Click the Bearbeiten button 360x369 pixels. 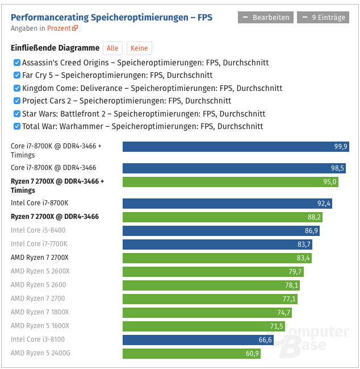tap(266, 18)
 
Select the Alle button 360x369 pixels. tap(112, 48)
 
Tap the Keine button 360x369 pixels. tap(139, 48)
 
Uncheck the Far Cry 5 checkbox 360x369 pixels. tap(17, 75)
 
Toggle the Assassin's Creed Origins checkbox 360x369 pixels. tap(17, 63)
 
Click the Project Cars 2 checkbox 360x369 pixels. tap(17, 101)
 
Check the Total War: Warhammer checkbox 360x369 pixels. tap(17, 126)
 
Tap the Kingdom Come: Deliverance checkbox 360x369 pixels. tap(17, 88)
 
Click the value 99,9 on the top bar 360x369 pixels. tap(341, 147)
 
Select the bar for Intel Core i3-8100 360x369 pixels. tap(198, 339)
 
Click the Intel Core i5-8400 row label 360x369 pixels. tap(38, 230)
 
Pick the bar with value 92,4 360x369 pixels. tap(228, 203)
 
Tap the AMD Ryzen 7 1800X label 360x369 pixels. tap(40, 312)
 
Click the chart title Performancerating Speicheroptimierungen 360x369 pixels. tap(111, 18)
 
